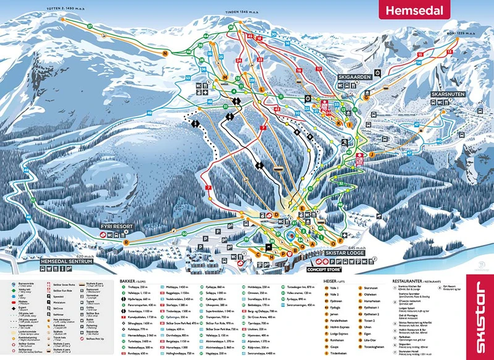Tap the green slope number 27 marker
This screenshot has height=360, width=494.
coord(90,27)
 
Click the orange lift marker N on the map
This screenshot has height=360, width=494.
coord(165,54)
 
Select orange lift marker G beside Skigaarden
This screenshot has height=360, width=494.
coord(366,97)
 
